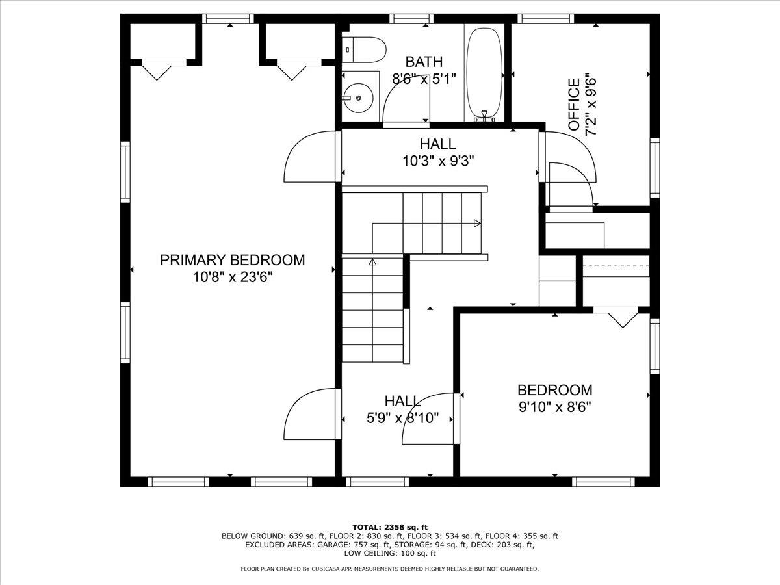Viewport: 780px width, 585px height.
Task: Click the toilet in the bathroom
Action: pyautogui.click(x=364, y=50)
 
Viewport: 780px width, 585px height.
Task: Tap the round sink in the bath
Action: pyautogui.click(x=359, y=97)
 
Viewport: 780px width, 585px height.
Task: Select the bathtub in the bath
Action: pyautogui.click(x=484, y=73)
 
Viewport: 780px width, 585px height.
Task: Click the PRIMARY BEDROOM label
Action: pyautogui.click(x=233, y=261)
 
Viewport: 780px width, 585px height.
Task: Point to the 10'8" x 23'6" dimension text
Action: pyautogui.click(x=233, y=277)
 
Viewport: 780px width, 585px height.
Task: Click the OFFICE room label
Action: pyautogui.click(x=574, y=105)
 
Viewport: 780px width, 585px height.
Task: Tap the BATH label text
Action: pyautogui.click(x=424, y=62)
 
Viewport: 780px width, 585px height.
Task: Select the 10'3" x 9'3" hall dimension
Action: pyautogui.click(x=438, y=161)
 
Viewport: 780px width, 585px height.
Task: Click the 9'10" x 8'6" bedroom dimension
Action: pyautogui.click(x=554, y=407)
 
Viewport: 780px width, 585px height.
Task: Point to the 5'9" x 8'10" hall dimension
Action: pyautogui.click(x=402, y=418)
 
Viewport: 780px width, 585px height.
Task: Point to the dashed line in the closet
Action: pyautogui.click(x=616, y=266)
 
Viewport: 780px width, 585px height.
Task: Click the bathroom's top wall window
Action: pyautogui.click(x=411, y=18)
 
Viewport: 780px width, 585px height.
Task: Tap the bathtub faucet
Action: pyautogui.click(x=484, y=116)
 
